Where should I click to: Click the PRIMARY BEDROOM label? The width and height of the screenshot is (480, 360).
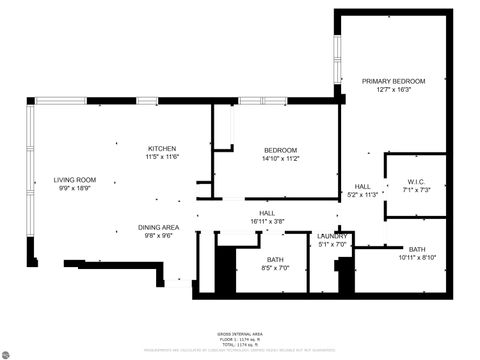(x=394, y=81)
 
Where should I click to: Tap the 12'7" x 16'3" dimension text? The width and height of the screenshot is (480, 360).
(x=394, y=90)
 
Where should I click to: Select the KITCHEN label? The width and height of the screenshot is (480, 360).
(x=162, y=148)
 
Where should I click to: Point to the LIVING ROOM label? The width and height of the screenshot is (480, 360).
(x=74, y=180)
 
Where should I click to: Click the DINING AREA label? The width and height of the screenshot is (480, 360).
(x=158, y=228)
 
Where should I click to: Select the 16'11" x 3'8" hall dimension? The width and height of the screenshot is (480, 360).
(x=267, y=221)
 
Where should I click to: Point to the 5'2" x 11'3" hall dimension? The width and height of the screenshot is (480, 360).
(x=363, y=195)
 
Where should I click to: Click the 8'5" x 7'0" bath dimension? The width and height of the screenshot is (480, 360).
(x=274, y=268)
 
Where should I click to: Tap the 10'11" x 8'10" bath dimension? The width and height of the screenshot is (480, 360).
(x=417, y=258)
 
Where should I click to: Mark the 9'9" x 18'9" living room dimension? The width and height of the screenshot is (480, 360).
(x=74, y=189)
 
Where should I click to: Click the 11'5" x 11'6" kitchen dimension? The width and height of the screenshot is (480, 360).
(x=162, y=157)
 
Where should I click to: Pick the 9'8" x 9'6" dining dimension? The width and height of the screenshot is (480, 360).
(x=158, y=237)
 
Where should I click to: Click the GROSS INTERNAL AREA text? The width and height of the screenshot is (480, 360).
(x=240, y=334)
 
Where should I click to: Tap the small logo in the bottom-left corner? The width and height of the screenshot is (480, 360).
(x=8, y=352)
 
